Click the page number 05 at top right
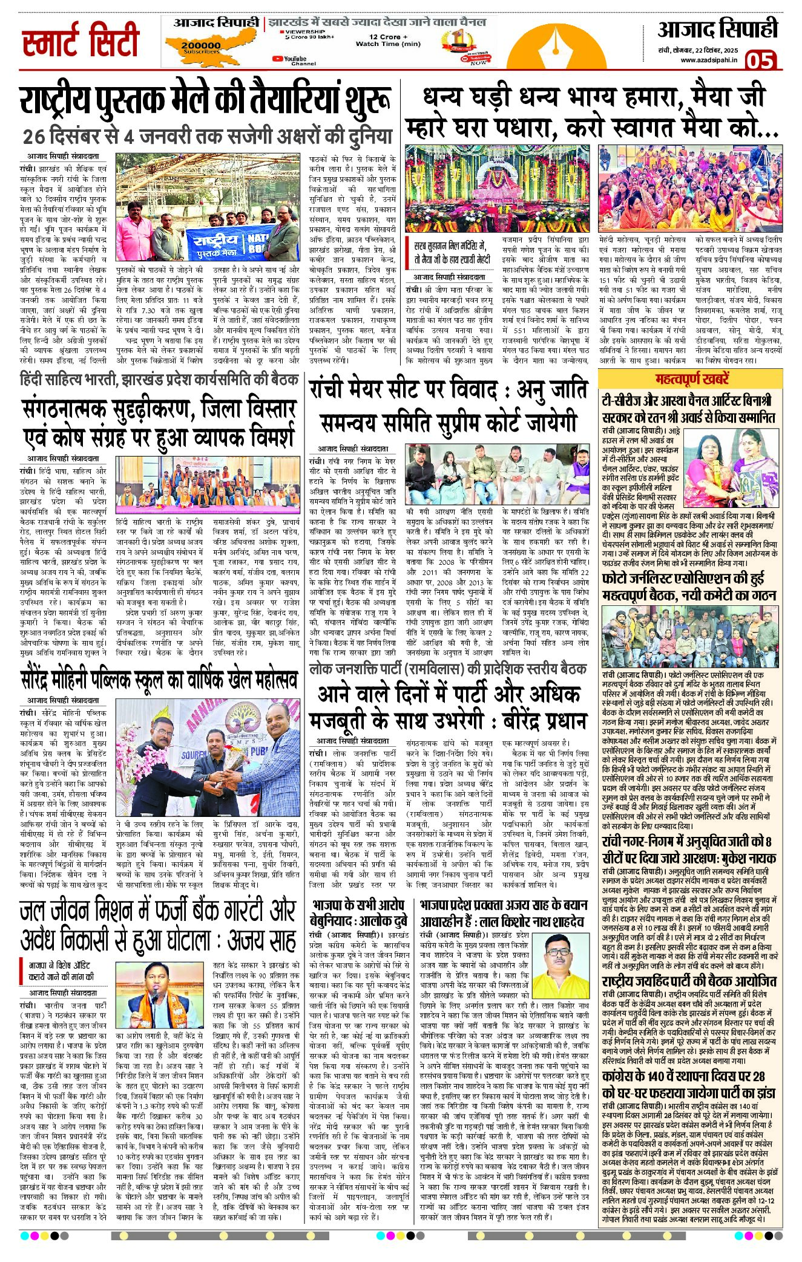pyautogui.click(x=760, y=61)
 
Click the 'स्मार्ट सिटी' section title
pyautogui.click(x=81, y=41)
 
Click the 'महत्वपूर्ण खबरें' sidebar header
pyautogui.click(x=689, y=379)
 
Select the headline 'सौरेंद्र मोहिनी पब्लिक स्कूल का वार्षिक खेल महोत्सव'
pyautogui.click(x=159, y=679)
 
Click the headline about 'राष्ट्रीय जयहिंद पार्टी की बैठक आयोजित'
pyautogui.click(x=689, y=980)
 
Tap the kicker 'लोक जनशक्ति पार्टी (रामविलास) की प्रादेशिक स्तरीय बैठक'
pyautogui.click(x=447, y=669)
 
